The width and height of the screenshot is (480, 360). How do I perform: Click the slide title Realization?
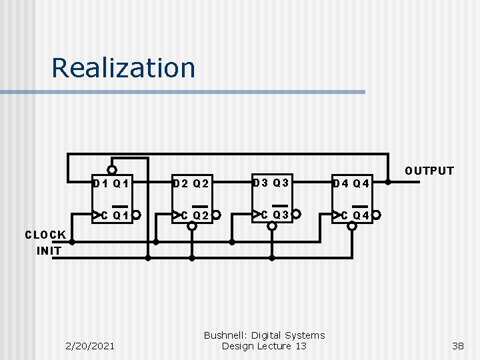123,68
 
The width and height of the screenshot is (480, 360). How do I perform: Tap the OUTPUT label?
429,171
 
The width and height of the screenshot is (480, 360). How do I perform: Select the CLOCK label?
45,235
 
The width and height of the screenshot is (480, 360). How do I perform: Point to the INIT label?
49,251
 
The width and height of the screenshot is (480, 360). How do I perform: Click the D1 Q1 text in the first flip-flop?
111,182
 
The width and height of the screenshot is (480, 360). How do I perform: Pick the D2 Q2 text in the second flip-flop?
192,183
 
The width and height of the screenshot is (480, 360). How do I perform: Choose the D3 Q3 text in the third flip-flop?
271,181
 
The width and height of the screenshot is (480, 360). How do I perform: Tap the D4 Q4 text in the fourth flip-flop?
351,183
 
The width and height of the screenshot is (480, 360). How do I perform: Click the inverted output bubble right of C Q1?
136,215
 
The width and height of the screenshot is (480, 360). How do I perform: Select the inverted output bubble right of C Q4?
377,215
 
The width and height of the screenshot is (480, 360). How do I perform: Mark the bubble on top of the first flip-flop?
112,170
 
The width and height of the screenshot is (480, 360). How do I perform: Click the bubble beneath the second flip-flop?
192,226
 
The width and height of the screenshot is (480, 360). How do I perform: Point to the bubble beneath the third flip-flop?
272,226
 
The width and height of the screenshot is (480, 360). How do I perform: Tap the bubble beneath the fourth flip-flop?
352,226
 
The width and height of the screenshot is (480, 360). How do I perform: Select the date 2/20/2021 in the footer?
90,345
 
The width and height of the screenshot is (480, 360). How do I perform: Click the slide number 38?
457,345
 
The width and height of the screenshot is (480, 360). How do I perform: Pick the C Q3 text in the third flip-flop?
274,215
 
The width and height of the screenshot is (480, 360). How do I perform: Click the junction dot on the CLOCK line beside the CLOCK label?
72,243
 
